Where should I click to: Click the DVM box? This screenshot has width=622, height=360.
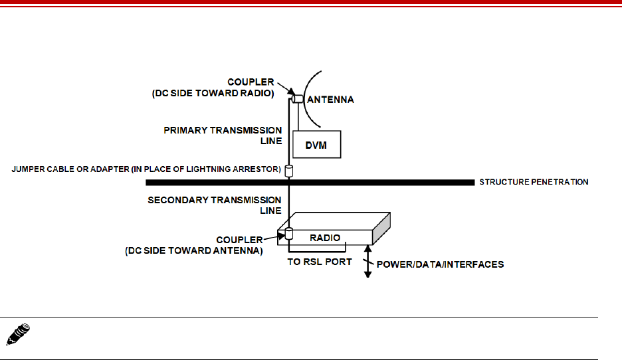[x=316, y=143]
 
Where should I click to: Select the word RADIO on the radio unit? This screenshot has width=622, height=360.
[x=325, y=237]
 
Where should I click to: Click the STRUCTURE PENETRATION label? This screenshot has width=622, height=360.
[x=534, y=181]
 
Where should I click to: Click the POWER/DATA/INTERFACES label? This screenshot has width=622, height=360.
[x=440, y=264]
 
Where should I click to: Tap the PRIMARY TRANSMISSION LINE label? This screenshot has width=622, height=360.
[x=223, y=135]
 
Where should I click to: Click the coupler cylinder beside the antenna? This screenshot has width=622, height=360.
[x=296, y=100]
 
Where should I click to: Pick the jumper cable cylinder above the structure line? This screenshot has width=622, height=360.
[x=289, y=171]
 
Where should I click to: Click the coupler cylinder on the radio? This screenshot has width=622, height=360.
[x=289, y=234]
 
